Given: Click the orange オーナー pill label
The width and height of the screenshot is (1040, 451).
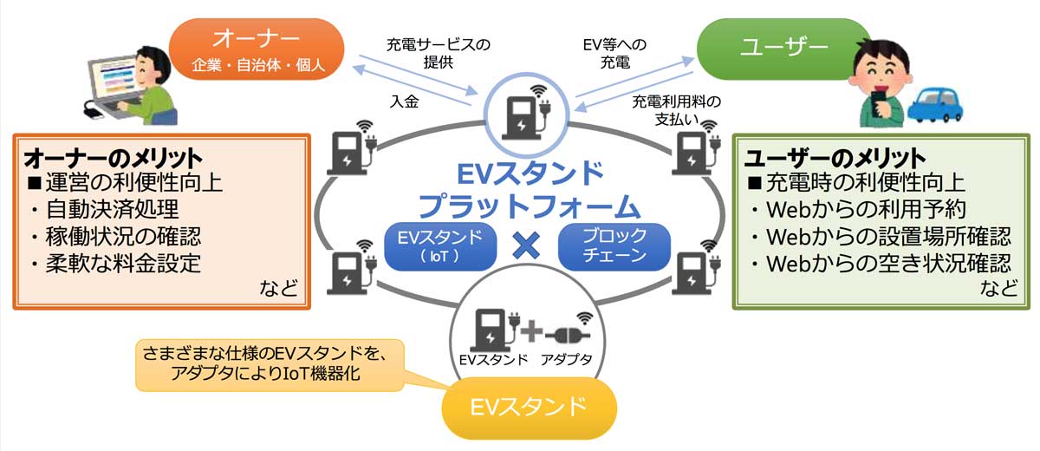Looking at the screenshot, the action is pyautogui.click(x=257, y=49).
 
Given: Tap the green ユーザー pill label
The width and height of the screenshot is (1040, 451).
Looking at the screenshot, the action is pyautogui.click(x=783, y=49).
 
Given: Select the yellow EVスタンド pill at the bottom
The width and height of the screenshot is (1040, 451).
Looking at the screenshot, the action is pyautogui.click(x=529, y=408).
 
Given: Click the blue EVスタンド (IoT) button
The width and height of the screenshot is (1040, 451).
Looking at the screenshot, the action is pyautogui.click(x=440, y=246).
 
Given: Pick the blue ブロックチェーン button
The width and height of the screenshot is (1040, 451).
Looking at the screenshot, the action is pyautogui.click(x=614, y=246).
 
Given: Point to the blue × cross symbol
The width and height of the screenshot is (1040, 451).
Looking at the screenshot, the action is pyautogui.click(x=527, y=245).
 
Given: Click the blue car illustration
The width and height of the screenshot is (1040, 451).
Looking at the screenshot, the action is pyautogui.click(x=934, y=105).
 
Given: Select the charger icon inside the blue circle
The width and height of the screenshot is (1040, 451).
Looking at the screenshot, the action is pyautogui.click(x=527, y=113).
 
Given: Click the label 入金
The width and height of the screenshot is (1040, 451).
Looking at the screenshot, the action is pyautogui.click(x=405, y=101).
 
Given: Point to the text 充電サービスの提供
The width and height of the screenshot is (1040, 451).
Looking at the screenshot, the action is pyautogui.click(x=439, y=53).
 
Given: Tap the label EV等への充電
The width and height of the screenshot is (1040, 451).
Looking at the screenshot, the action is pyautogui.click(x=614, y=53).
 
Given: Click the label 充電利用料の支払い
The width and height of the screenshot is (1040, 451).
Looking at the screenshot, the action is pyautogui.click(x=677, y=110).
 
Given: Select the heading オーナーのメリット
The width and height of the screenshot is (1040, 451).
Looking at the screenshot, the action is pyautogui.click(x=114, y=159).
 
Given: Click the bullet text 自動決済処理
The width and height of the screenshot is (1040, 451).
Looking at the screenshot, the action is pyautogui.click(x=113, y=209).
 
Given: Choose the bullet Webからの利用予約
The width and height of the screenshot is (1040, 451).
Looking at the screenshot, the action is pyautogui.click(x=867, y=210).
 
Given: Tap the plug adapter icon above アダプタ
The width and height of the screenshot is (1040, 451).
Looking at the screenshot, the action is pyautogui.click(x=569, y=330).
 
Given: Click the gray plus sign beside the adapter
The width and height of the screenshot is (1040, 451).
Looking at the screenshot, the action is pyautogui.click(x=531, y=330).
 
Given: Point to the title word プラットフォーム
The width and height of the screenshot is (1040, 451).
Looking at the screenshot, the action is pyautogui.click(x=529, y=206).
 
